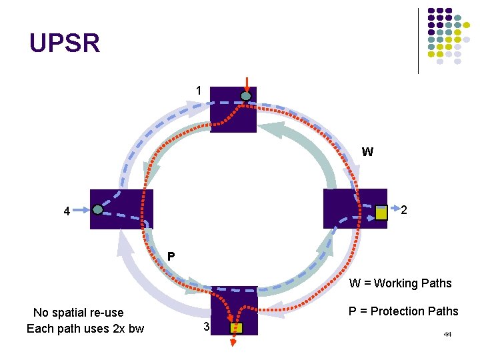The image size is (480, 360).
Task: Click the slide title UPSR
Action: pos(65,44)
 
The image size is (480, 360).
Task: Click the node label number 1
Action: pos(198,91)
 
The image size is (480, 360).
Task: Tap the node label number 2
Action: pos(404,211)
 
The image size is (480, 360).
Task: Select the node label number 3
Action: pos(207,327)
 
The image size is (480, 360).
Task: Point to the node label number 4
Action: pos(67,213)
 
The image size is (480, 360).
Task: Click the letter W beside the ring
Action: pos(367,152)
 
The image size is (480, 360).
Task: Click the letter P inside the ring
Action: pos(171,256)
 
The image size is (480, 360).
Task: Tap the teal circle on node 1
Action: pos(246,97)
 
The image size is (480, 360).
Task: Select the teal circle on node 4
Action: pos(98,209)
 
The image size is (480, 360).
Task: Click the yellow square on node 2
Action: pos(381,213)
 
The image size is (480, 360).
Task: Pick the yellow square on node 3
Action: pos(237,328)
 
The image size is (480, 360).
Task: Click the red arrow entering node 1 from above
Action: pos(247,85)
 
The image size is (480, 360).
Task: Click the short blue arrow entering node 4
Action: pos(82,209)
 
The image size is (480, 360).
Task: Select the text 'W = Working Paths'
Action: pos(400,283)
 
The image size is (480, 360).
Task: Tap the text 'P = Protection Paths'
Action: pos(404,311)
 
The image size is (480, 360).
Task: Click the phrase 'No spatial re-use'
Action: pos(79,313)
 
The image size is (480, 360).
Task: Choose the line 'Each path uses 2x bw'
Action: pos(85,329)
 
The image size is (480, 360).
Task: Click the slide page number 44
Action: pos(447,333)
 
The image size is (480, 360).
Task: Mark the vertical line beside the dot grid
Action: pos(418,40)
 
